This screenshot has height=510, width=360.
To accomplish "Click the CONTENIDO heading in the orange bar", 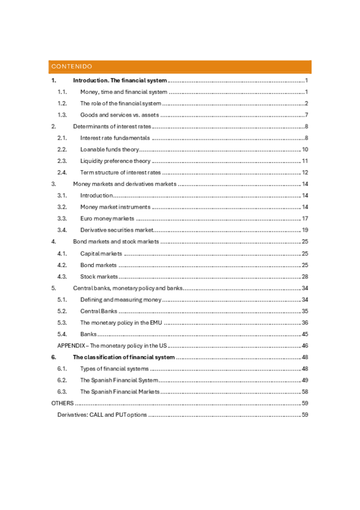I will (72, 66).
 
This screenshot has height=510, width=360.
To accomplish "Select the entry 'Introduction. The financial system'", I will (120, 81).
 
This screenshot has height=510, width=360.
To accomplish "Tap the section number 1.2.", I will (61, 103).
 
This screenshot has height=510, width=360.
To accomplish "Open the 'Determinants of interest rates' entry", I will (112, 126).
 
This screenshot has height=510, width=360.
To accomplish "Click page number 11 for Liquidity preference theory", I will (305, 161).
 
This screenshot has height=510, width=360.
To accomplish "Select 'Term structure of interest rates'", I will (121, 172).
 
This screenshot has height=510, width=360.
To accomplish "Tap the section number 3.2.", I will (61, 207).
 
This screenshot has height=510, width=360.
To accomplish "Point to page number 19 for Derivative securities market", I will (305, 230).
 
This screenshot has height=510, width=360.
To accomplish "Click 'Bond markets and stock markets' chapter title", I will (116, 241).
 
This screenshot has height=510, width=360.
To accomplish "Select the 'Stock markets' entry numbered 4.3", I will (99, 276).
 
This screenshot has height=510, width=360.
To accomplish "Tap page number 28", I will (305, 276).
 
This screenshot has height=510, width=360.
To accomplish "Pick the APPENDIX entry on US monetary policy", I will (112, 345).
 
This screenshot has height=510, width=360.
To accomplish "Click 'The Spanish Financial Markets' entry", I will (120, 391).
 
